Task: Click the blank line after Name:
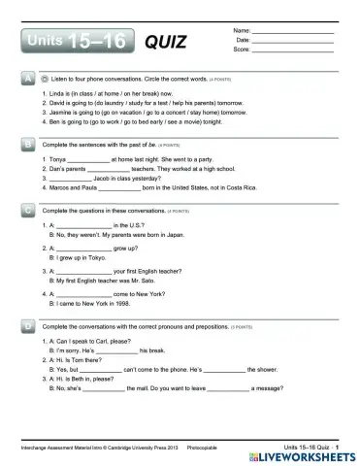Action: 291,32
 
